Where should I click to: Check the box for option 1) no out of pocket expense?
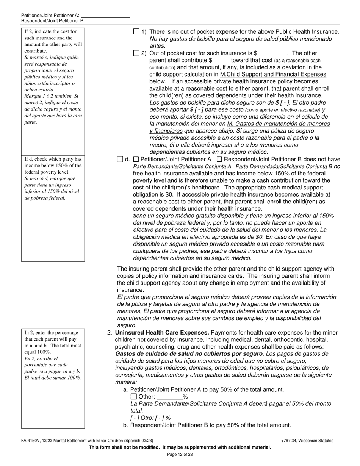point(136,32)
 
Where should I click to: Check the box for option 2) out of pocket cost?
point(136,53)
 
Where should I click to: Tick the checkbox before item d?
point(120,160)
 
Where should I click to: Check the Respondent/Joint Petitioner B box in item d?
point(219,160)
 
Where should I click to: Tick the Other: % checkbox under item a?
point(133,397)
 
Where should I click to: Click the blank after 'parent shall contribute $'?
point(221,61)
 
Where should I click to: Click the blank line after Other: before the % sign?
point(169,397)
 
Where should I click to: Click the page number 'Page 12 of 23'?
point(180,454)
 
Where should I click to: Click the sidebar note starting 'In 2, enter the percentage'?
point(53,355)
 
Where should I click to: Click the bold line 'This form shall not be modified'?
point(180,447)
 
